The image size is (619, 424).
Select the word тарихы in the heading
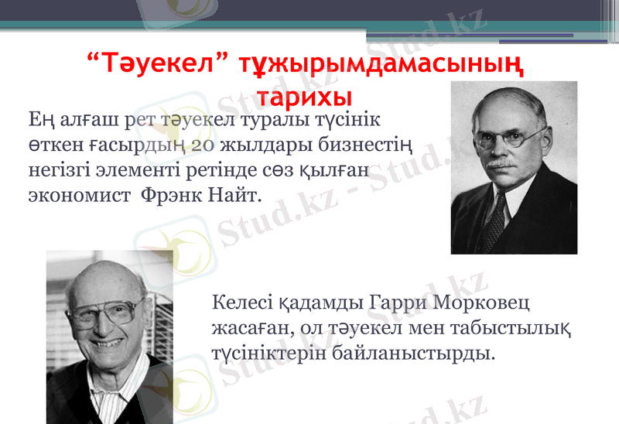[x=304, y=97]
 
